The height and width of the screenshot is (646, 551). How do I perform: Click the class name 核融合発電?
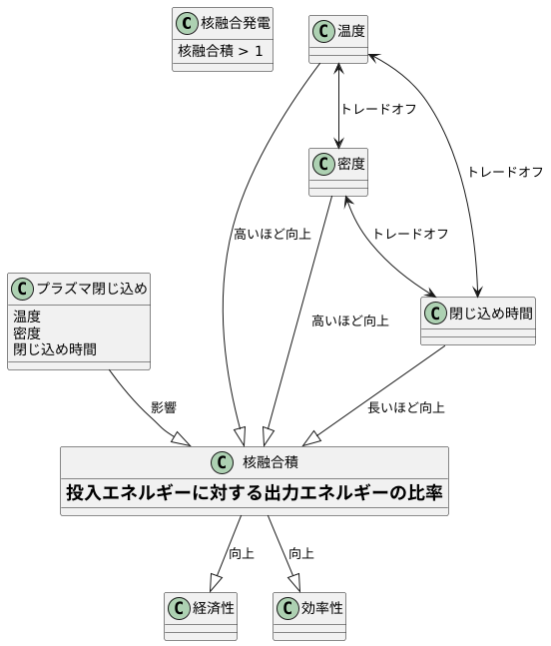[236, 22]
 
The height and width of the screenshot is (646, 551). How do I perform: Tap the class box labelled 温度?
[338, 40]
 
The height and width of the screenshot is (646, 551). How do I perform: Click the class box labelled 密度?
[338, 172]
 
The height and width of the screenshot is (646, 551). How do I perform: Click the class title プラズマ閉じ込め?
[92, 290]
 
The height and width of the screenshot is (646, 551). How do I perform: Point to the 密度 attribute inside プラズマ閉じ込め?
[27, 333]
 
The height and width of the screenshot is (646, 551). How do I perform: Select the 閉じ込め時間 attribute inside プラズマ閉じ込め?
[55, 349]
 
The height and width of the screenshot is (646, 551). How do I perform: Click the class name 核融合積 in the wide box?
[270, 462]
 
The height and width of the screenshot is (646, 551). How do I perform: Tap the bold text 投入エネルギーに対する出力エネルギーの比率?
[255, 492]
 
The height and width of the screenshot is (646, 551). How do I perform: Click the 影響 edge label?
[164, 407]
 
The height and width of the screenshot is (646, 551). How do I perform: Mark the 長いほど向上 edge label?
[405, 407]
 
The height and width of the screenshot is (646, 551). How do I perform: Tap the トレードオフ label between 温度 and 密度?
[378, 109]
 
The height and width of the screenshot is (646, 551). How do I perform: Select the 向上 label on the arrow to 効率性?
[301, 553]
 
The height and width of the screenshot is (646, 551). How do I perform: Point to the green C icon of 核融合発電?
[186, 22]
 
